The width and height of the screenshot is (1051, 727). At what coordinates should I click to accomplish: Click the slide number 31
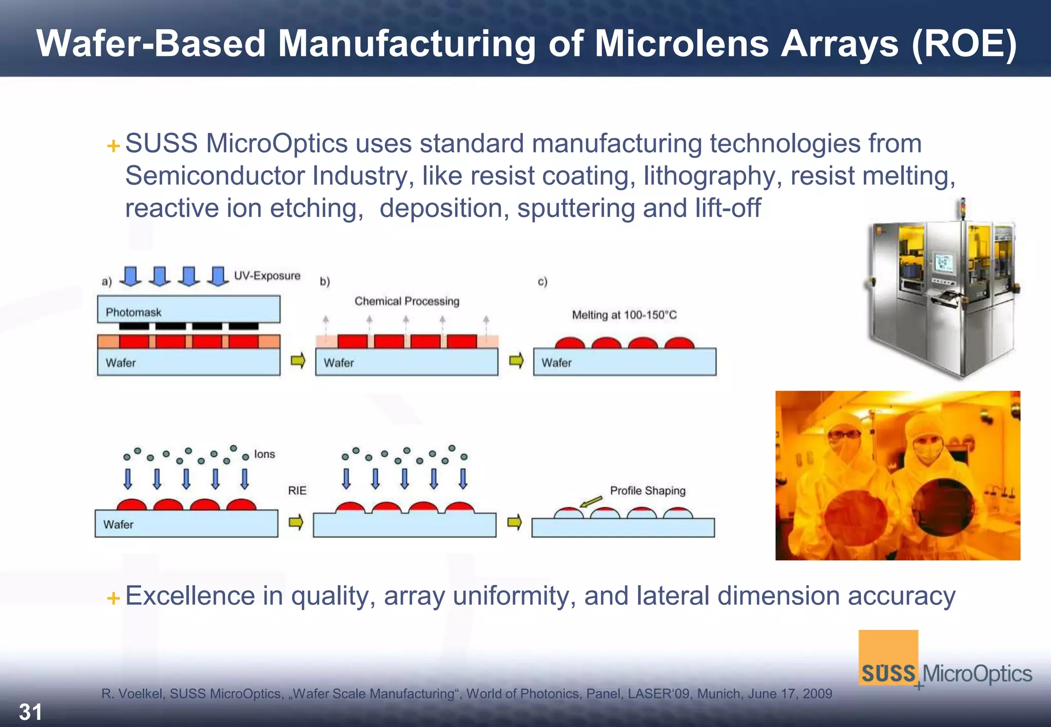pyautogui.click(x=30, y=712)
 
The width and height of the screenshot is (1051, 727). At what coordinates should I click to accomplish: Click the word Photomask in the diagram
pyautogui.click(x=133, y=312)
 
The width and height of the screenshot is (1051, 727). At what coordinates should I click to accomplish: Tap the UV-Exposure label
pyautogui.click(x=267, y=276)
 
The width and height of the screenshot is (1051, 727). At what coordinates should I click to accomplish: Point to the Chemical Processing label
pyautogui.click(x=406, y=301)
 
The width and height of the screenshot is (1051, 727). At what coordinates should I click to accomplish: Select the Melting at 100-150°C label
pyautogui.click(x=624, y=315)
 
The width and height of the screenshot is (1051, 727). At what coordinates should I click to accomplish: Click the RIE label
pyautogui.click(x=297, y=491)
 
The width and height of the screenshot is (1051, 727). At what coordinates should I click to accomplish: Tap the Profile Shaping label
pyautogui.click(x=648, y=491)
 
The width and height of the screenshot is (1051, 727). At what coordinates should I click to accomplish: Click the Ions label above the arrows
pyautogui.click(x=264, y=454)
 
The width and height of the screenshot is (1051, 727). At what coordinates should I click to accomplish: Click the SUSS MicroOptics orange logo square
pyautogui.click(x=888, y=657)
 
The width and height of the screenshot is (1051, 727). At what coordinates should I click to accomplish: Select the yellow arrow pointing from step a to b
pyautogui.click(x=298, y=361)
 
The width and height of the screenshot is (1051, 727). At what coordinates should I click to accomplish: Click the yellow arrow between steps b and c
pyautogui.click(x=516, y=361)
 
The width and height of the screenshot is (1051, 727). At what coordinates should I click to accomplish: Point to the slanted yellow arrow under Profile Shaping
pyautogui.click(x=591, y=501)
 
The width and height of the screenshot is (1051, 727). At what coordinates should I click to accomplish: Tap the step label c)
pyautogui.click(x=542, y=281)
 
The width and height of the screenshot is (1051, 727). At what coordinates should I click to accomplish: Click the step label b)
pyautogui.click(x=325, y=281)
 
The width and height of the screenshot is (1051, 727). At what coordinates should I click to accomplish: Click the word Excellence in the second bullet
pyautogui.click(x=190, y=596)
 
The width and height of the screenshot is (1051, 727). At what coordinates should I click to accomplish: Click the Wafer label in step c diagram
pyautogui.click(x=556, y=363)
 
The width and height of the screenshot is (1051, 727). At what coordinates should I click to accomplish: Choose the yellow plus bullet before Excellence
pyautogui.click(x=113, y=598)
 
